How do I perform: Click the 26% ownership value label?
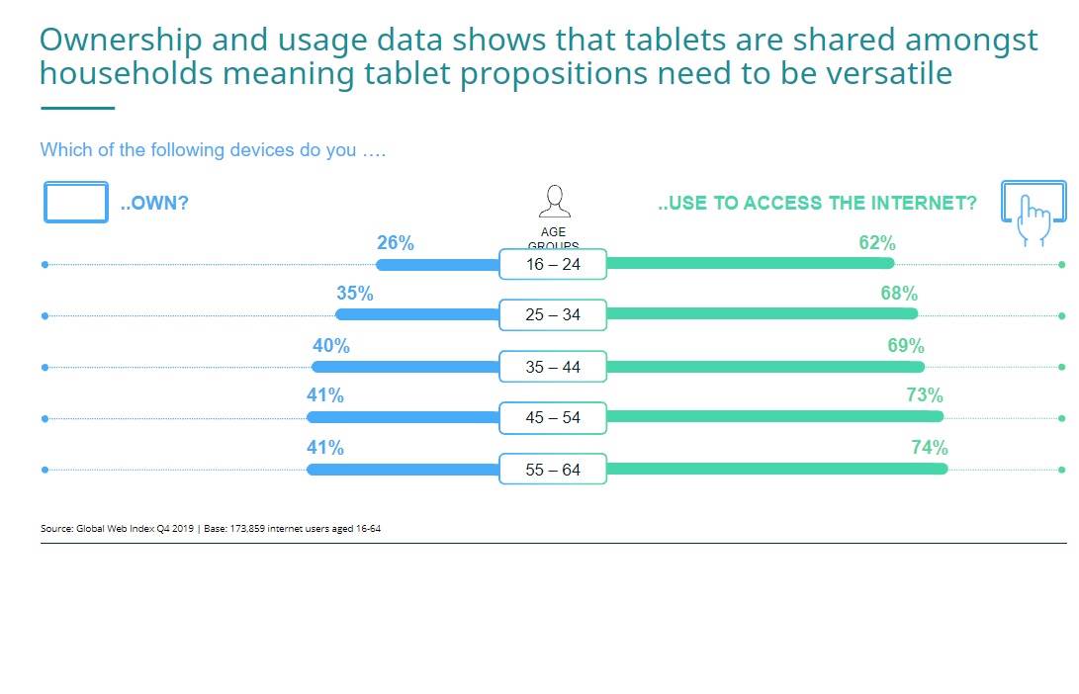click(396, 243)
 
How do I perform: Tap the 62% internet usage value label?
click(877, 243)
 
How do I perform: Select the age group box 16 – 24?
click(553, 264)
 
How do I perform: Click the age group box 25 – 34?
click(553, 315)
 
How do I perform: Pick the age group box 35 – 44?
click(553, 367)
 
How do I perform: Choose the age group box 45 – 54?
click(553, 418)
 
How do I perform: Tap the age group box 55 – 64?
click(553, 470)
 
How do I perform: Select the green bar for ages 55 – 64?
click(776, 469)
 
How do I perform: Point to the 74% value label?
click(930, 448)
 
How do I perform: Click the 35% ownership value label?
click(355, 294)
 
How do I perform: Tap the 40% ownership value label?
click(331, 346)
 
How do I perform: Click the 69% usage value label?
click(906, 346)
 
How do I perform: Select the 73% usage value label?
click(925, 395)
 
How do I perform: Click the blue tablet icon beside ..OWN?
click(76, 203)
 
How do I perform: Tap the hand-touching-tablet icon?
click(1034, 212)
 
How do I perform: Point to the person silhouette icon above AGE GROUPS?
click(554, 202)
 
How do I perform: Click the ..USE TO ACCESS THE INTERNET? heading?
click(817, 204)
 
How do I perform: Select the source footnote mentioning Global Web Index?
click(211, 529)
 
